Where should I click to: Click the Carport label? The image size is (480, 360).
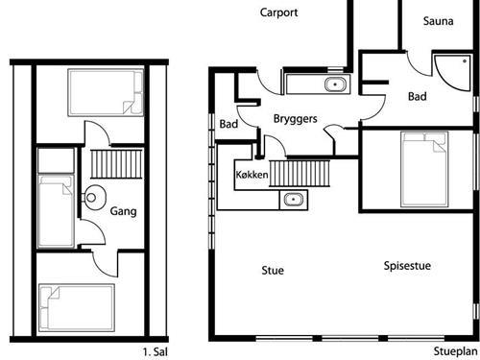[278, 12]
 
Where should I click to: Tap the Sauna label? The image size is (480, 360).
[438, 21]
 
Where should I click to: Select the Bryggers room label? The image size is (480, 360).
[295, 119]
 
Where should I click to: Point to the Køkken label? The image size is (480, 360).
[252, 175]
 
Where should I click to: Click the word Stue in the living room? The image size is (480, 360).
[273, 271]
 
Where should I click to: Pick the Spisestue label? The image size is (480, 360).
[407, 266]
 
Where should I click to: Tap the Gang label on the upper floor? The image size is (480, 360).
[123, 211]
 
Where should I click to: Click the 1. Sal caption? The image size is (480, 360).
[155, 352]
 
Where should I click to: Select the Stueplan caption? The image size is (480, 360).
[455, 351]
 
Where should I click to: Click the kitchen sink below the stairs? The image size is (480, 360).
[293, 200]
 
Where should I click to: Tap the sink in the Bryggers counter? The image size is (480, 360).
[335, 84]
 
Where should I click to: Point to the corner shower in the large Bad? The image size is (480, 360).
[452, 73]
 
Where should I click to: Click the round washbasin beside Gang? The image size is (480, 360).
[94, 198]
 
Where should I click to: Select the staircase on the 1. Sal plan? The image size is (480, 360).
[116, 164]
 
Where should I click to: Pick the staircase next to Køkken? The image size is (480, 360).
[300, 174]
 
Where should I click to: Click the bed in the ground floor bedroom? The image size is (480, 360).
[424, 169]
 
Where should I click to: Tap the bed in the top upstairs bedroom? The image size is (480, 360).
[106, 92]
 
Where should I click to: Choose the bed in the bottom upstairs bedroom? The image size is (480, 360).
[77, 307]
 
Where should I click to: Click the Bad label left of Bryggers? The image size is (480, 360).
[228, 124]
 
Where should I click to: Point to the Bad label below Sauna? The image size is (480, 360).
[418, 96]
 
